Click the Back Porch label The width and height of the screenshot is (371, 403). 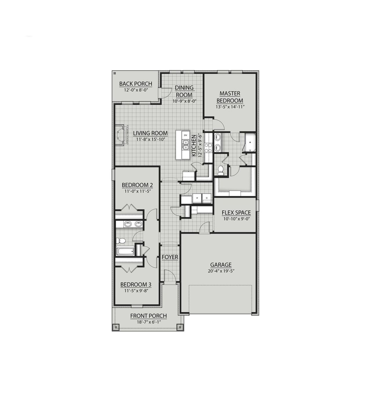[x=136, y=84]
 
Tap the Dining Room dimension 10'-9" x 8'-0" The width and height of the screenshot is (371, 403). [x=184, y=101]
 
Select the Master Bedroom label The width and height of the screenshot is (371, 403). [x=230, y=97]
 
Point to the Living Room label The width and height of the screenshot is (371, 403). [x=150, y=133]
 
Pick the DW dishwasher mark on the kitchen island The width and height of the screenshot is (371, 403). [x=185, y=135]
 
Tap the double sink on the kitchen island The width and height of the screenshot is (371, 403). [x=185, y=144]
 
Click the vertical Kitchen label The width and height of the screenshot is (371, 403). [x=194, y=145]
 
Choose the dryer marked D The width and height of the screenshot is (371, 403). [x=207, y=198]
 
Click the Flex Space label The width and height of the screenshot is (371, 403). [x=236, y=213]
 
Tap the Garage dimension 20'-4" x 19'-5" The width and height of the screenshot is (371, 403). [x=221, y=271]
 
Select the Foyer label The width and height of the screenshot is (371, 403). [x=170, y=257]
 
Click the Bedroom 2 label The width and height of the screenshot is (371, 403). [x=137, y=185]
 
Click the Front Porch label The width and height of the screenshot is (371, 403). [x=148, y=316]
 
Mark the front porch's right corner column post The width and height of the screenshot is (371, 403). [x=180, y=327]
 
